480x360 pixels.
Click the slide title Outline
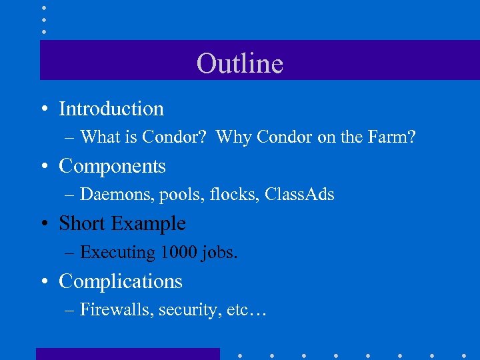coord(240,64)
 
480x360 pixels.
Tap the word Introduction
coord(111,109)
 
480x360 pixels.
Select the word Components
coord(112,166)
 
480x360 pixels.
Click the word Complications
coord(121,281)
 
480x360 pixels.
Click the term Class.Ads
coord(299,195)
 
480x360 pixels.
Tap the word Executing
coord(117,253)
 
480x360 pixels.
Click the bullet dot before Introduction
coord(42,109)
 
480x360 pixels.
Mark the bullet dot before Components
coord(42,167)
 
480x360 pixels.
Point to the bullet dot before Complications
coord(42,282)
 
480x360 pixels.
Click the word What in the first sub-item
coord(98,137)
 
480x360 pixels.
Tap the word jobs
coord(221,253)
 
